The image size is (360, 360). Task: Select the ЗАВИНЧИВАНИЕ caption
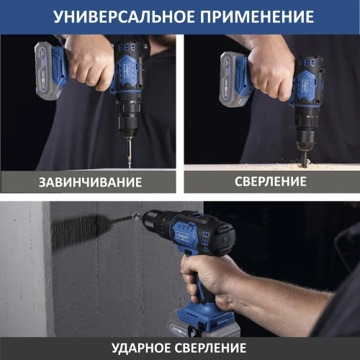click(x=89, y=181)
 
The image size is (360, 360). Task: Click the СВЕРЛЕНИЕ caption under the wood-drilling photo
click(x=271, y=181)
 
